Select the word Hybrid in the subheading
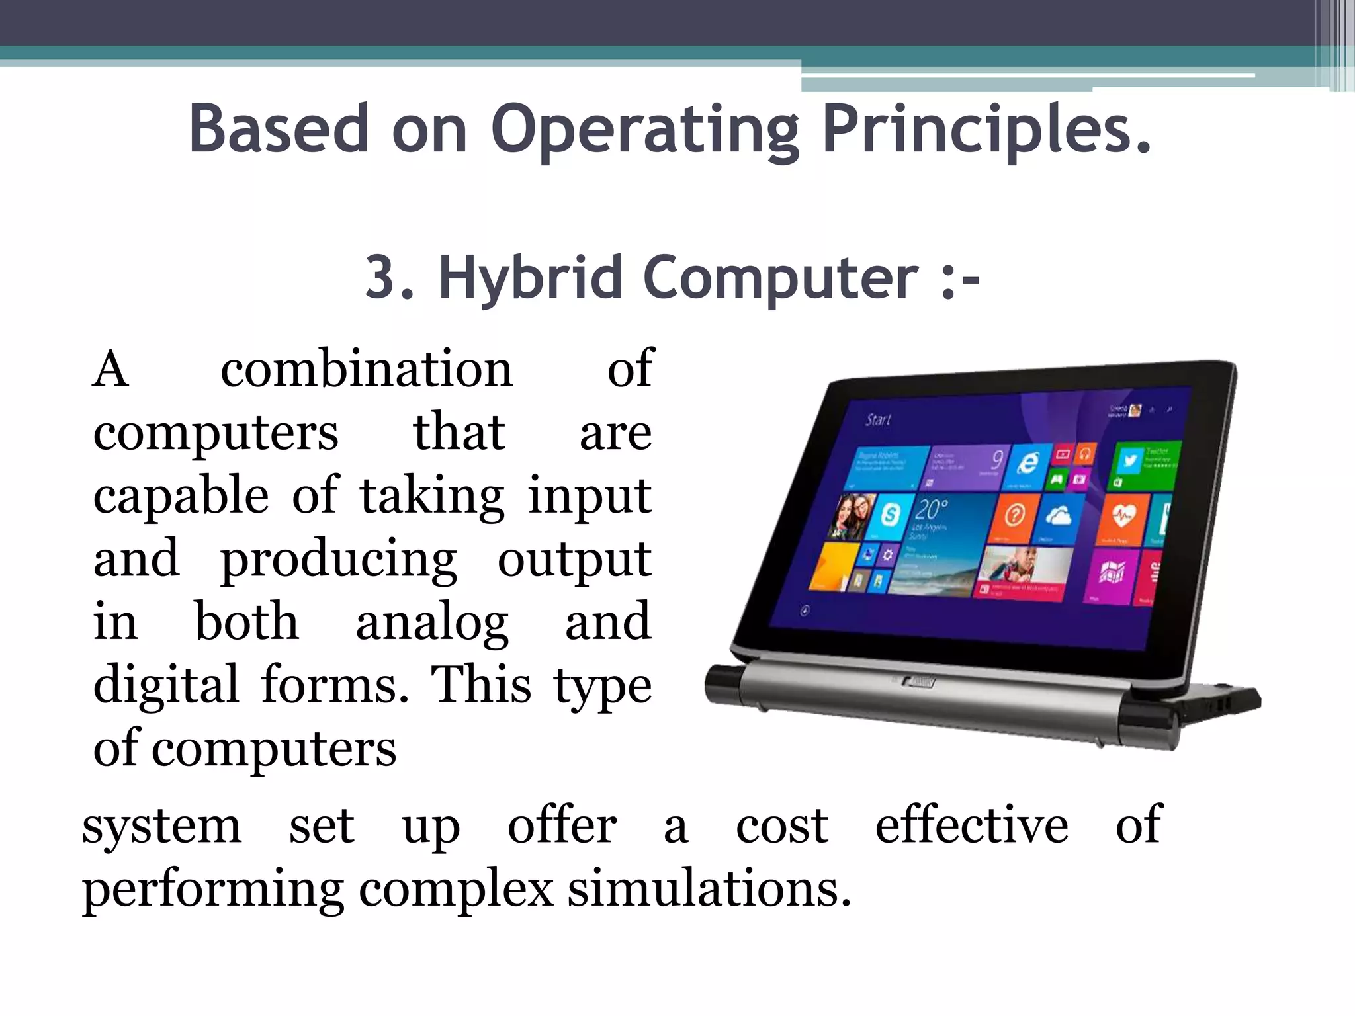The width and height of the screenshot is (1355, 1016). point(530,278)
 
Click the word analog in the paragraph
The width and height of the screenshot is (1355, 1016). point(432,623)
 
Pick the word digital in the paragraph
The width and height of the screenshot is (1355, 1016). point(165,685)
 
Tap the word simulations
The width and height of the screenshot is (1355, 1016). point(709,889)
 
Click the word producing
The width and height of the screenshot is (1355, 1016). point(338,560)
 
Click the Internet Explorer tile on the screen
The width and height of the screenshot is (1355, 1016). point(1027,462)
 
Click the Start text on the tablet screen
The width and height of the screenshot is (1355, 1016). point(878,419)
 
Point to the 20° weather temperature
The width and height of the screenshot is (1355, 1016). point(932,509)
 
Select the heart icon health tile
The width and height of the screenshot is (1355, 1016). point(1122,516)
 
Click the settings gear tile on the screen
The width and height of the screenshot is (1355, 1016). point(888,554)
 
